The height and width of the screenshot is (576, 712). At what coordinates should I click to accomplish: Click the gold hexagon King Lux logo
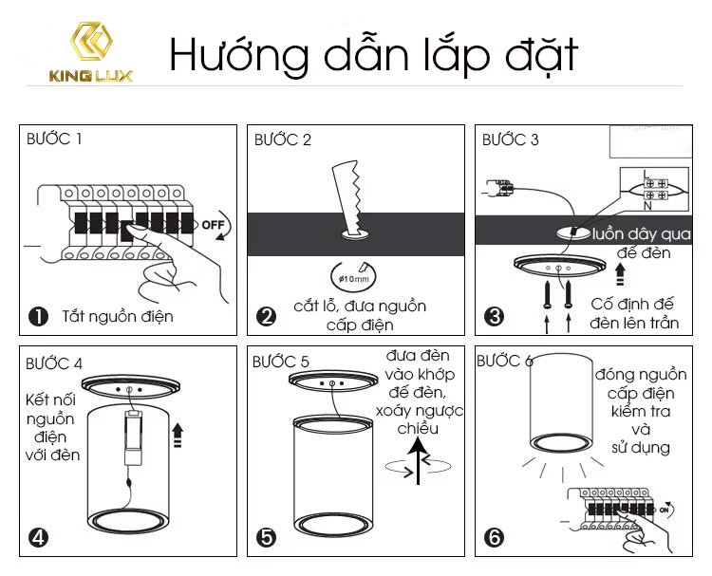click(91, 41)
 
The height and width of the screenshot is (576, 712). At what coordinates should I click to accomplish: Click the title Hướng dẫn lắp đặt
click(374, 55)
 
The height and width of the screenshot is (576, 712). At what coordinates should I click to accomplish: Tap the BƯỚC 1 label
click(54, 139)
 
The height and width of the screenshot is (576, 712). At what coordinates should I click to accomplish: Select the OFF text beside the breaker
click(213, 225)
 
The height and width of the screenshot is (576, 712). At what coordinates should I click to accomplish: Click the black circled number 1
click(38, 316)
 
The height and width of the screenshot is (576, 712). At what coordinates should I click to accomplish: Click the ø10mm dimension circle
click(353, 276)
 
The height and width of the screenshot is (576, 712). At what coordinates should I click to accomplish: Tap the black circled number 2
click(266, 316)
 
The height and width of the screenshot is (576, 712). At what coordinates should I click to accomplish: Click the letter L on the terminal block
click(646, 174)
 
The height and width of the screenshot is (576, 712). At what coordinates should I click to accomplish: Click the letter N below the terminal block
click(648, 206)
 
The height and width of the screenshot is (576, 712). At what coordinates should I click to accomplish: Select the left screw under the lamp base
click(547, 294)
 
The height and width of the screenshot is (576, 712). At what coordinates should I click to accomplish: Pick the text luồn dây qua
click(642, 234)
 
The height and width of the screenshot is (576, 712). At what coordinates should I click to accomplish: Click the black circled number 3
click(494, 316)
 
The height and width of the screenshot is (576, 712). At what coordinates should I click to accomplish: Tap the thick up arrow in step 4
click(178, 435)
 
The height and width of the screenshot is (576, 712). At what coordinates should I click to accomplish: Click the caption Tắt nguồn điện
click(118, 316)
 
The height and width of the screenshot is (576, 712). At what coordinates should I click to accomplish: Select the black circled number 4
click(38, 537)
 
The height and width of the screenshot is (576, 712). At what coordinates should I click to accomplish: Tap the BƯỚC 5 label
click(281, 362)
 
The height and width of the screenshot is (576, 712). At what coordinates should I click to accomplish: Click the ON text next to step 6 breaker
click(664, 510)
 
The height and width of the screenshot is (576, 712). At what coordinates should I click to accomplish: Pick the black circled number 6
click(494, 537)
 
